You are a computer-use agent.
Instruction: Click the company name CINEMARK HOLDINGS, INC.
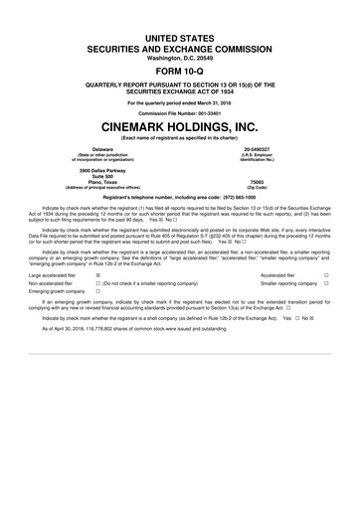point(180,128)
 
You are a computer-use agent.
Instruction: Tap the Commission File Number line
point(180,112)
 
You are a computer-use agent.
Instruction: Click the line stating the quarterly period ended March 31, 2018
point(180,102)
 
